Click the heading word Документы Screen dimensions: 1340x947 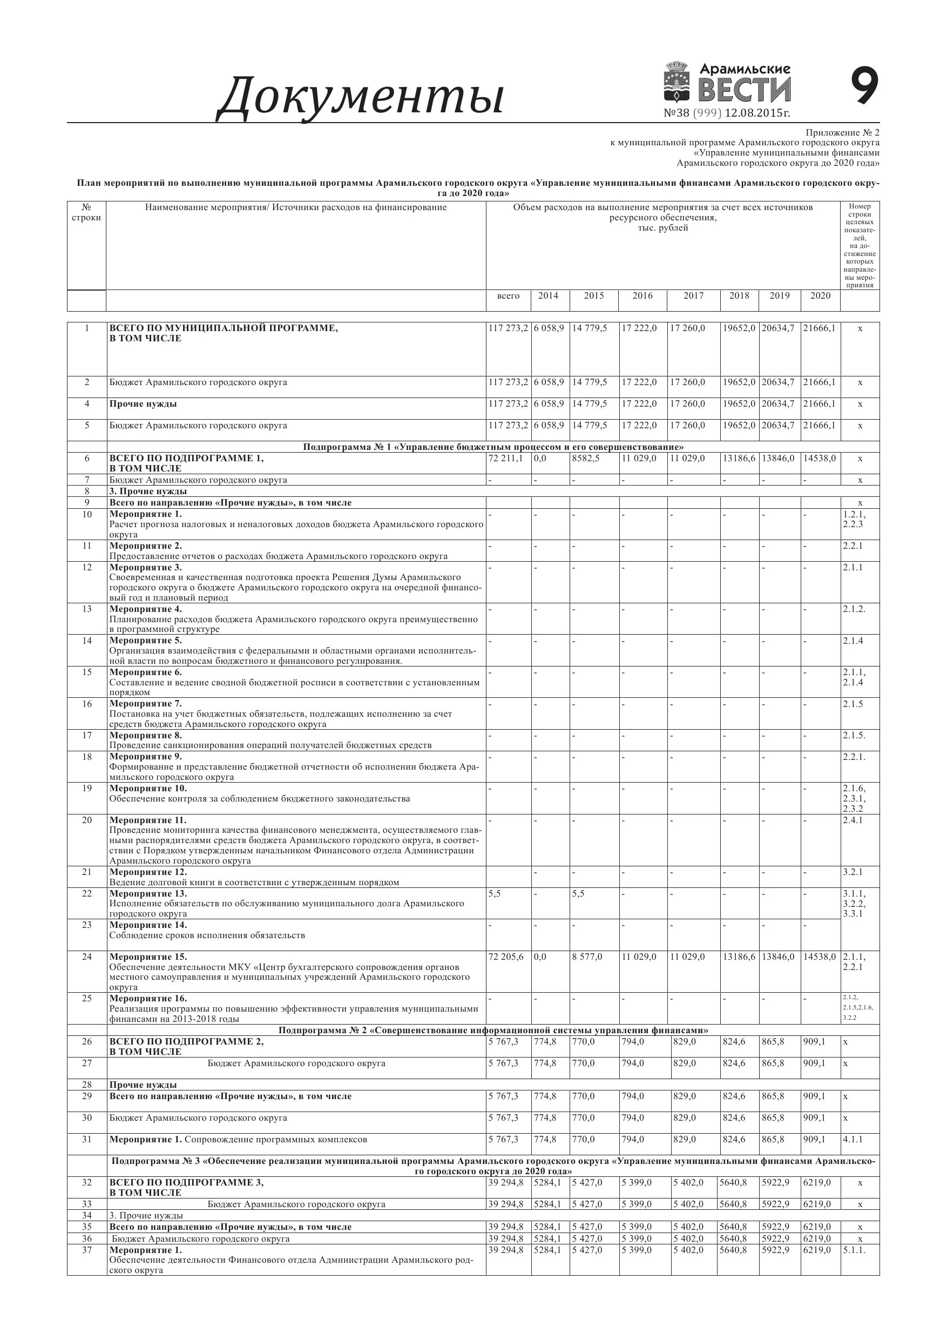tap(361, 96)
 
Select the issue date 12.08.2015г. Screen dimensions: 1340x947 tap(757, 113)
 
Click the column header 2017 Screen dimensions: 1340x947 tap(693, 296)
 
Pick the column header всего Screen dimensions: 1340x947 tap(508, 296)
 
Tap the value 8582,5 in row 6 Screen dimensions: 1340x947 tap(585, 459)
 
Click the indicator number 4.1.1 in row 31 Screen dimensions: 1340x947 tap(853, 1139)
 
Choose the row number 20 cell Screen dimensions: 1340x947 tap(87, 820)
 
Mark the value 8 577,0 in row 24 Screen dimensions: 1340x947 tap(587, 957)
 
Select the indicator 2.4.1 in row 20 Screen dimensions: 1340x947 tap(853, 820)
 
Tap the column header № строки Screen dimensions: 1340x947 tap(86, 212)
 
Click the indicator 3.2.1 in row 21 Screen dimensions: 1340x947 tap(853, 872)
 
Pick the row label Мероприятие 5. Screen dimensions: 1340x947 tap(146, 641)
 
